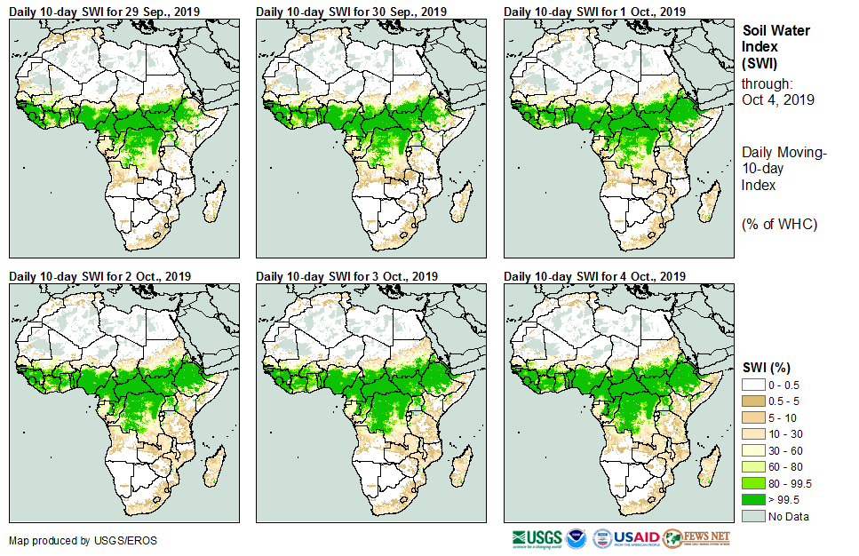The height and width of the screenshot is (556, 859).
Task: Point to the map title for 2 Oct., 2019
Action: [99, 276]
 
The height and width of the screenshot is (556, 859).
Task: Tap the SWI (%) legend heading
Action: [767, 367]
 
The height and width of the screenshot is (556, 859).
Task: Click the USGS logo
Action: [537, 538]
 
